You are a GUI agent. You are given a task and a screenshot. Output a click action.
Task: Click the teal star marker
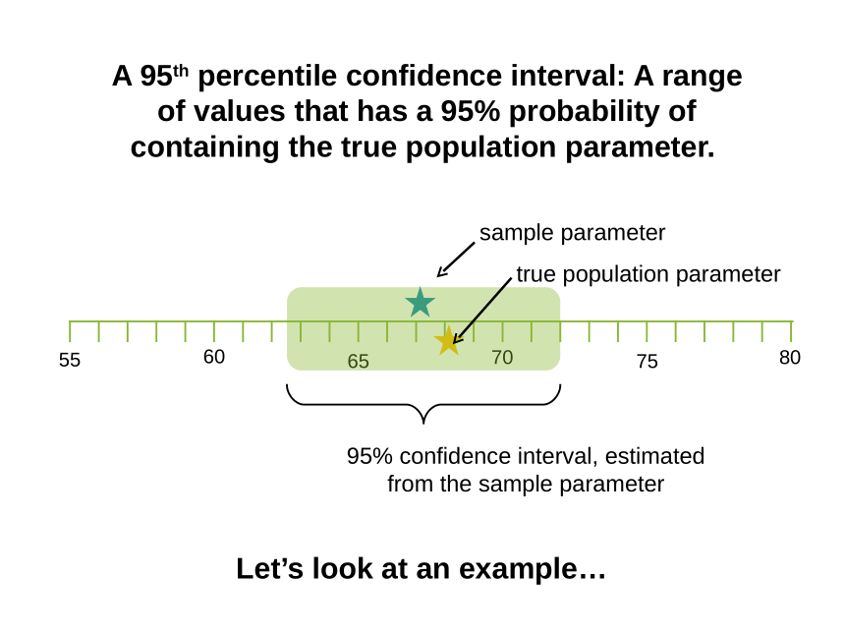[420, 303]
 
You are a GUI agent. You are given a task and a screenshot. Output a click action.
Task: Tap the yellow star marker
[448, 341]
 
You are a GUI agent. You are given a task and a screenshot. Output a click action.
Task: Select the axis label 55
[70, 360]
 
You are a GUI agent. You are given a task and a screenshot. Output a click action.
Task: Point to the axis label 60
[214, 357]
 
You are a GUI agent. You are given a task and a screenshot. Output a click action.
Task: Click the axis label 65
[359, 361]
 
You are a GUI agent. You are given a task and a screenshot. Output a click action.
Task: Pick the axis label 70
[502, 358]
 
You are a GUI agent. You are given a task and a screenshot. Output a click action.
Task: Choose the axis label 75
[647, 361]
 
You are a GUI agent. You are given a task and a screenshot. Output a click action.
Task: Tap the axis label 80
[790, 358]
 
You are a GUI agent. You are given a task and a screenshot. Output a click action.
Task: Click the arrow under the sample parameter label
[456, 259]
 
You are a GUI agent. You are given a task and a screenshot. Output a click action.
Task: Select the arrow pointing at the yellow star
[482, 311]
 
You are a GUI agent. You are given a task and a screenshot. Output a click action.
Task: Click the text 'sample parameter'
[572, 233]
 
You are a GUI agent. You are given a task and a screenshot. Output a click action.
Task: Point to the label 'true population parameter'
[648, 274]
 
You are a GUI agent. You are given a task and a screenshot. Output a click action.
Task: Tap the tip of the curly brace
[423, 424]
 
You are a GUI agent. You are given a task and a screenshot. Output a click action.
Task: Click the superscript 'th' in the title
[181, 71]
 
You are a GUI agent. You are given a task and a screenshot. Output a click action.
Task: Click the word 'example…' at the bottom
[533, 569]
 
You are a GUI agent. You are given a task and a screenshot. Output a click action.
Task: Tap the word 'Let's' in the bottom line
[270, 569]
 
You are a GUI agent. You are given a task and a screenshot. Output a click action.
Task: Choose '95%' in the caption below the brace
[369, 457]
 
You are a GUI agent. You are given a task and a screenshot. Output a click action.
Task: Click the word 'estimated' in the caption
[654, 457]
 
